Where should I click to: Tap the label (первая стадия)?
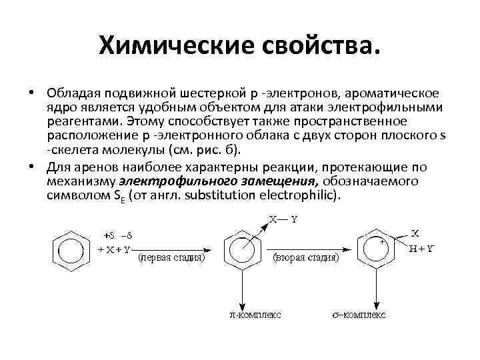pyautogui.click(x=171, y=257)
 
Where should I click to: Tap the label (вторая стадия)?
pyautogui.click(x=307, y=257)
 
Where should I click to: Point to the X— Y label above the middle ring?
pyautogui.click(x=283, y=219)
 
